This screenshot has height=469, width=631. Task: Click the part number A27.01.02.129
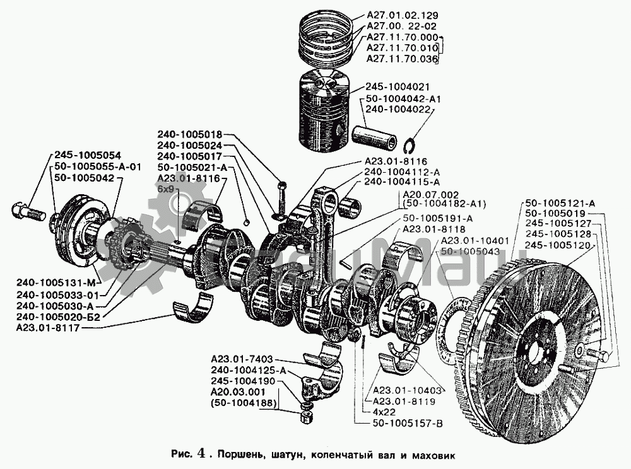402,14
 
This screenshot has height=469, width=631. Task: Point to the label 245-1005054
87,155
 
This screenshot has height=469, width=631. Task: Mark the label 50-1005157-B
408,422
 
